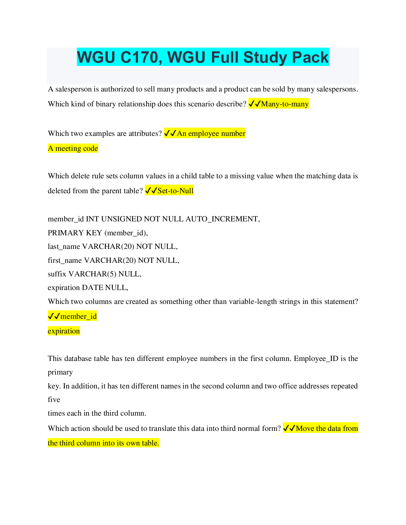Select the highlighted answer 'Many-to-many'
click(x=285, y=104)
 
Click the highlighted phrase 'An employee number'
click(x=211, y=134)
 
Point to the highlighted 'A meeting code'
click(x=73, y=148)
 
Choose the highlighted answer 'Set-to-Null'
click(x=175, y=191)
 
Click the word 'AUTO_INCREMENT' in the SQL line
click(x=222, y=219)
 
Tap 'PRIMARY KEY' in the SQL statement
click(x=75, y=233)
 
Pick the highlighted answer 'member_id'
click(x=78, y=317)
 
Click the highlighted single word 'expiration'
click(x=64, y=331)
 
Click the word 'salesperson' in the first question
click(x=73, y=89)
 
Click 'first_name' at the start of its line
click(x=65, y=261)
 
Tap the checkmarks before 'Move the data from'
click(x=289, y=429)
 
